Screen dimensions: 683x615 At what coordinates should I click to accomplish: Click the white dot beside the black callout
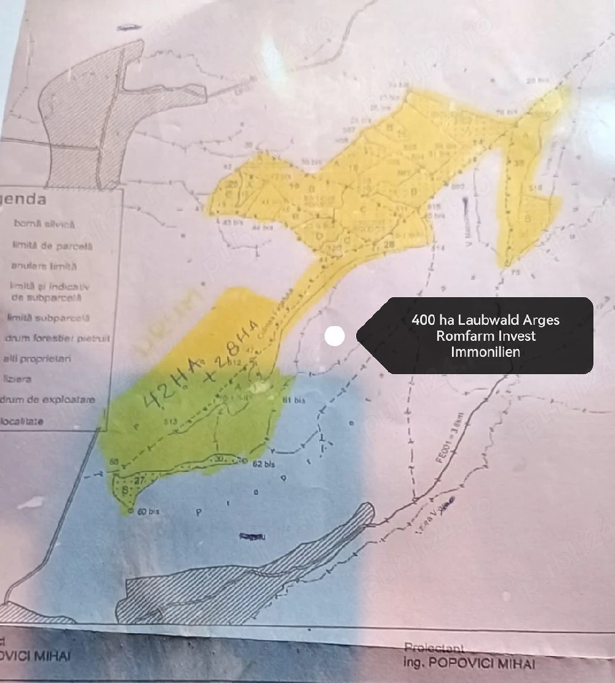335,335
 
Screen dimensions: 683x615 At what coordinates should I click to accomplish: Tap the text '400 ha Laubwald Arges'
485,320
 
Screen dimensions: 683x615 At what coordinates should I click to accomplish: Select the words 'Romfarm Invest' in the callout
485,336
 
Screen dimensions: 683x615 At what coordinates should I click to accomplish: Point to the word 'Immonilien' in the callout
485,352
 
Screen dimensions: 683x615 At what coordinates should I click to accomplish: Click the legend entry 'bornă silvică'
44,225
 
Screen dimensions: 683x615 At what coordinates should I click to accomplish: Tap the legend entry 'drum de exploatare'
49,400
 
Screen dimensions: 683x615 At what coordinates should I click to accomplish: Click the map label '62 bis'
264,465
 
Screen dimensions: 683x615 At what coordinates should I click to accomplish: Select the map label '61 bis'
294,401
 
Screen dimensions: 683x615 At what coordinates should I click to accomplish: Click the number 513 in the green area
170,421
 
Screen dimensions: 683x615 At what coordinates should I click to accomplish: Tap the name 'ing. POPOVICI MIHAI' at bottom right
469,663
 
